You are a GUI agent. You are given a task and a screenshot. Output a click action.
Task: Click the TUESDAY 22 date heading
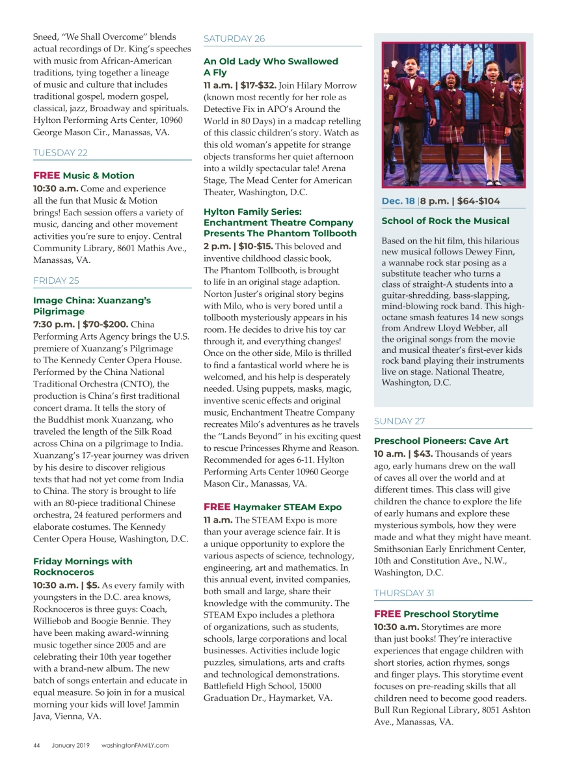click(x=60, y=153)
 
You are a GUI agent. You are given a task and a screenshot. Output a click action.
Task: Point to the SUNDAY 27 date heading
click(x=399, y=421)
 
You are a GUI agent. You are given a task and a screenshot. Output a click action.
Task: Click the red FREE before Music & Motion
click(x=46, y=176)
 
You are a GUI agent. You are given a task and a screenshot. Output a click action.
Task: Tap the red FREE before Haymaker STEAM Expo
click(x=217, y=506)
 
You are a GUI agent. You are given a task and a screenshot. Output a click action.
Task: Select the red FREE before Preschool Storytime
click(x=387, y=614)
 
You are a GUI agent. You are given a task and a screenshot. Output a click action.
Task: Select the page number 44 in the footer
click(x=37, y=745)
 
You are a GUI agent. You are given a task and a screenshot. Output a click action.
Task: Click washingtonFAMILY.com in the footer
click(x=135, y=745)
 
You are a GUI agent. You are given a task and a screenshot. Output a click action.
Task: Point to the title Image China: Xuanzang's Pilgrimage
click(x=92, y=306)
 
